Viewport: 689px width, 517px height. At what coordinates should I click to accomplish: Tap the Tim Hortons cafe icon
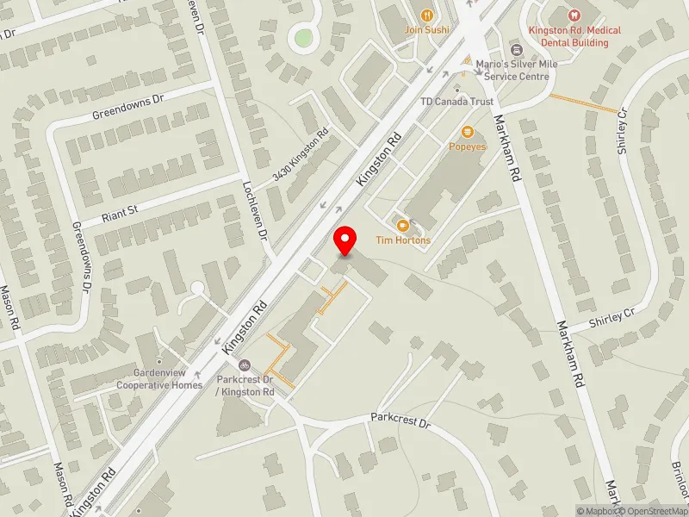[x=401, y=225]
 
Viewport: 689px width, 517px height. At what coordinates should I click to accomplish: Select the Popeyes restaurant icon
[x=468, y=132]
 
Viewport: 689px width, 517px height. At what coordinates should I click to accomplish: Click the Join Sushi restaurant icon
[x=425, y=15]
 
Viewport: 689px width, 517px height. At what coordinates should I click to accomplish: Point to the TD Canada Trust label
[x=456, y=102]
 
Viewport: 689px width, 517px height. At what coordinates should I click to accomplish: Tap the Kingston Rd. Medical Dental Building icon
[x=574, y=15]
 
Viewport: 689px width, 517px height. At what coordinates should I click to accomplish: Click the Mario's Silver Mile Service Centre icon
[x=516, y=49]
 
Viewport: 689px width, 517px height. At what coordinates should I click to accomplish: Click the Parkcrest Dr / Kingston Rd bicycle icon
[x=245, y=364]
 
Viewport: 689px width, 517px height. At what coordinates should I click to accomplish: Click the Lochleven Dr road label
[x=257, y=209]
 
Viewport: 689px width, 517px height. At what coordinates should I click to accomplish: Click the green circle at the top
[x=303, y=37]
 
